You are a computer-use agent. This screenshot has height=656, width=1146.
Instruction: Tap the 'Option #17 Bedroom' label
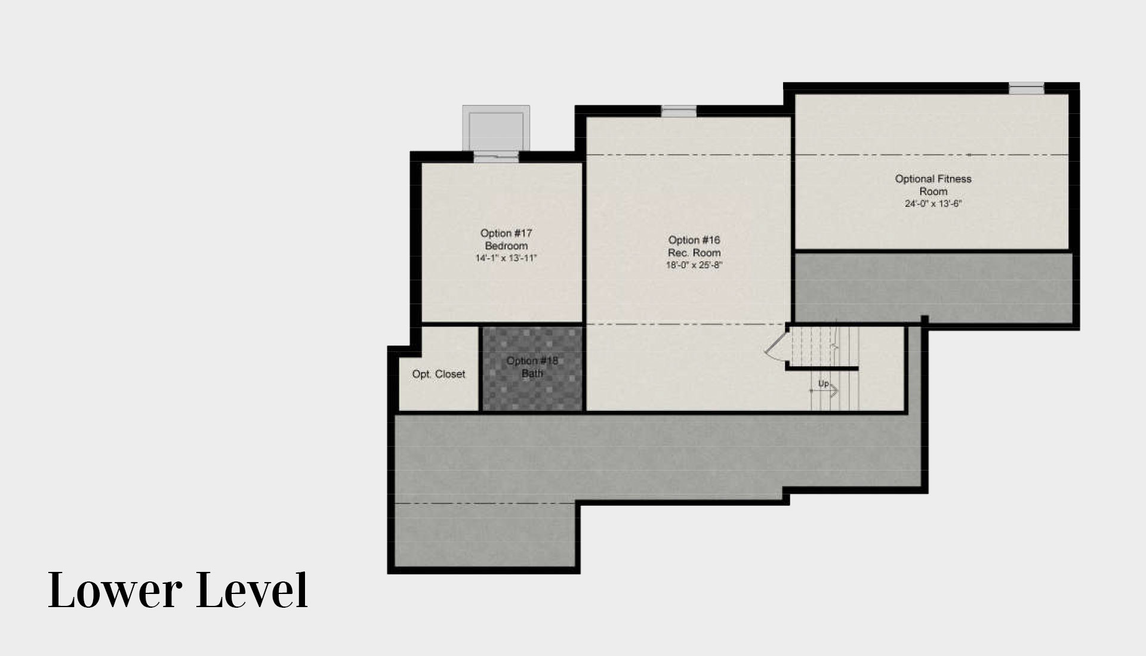[506, 239]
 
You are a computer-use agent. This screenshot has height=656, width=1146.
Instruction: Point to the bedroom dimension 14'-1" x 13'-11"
[506, 258]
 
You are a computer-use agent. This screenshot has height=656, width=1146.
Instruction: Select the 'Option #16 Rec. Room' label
[694, 246]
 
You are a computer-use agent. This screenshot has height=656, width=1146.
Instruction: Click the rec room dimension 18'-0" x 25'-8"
[694, 265]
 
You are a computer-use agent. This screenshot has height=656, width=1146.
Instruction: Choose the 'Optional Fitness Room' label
[933, 185]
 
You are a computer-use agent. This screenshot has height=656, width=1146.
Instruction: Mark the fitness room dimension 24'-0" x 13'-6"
[933, 203]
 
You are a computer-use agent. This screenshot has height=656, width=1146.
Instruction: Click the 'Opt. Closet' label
[439, 374]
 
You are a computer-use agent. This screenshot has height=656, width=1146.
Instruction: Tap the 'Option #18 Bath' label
[532, 367]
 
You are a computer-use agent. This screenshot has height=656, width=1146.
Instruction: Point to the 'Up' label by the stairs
[823, 383]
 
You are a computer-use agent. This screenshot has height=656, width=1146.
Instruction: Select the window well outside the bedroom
[496, 128]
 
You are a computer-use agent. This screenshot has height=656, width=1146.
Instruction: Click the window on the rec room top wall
[679, 111]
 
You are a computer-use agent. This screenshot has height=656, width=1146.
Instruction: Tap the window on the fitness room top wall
[1027, 88]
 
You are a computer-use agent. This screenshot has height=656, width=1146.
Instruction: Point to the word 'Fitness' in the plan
[954, 178]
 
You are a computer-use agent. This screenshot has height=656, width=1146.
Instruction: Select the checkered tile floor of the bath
[532, 369]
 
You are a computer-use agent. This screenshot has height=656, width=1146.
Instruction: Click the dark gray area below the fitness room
[933, 288]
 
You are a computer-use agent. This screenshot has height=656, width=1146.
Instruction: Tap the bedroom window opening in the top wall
[496, 157]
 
